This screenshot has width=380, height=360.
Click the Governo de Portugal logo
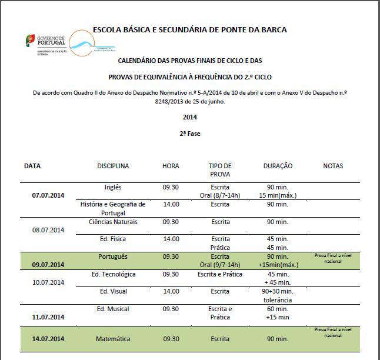tap(45, 44)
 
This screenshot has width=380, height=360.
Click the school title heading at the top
tap(190, 29)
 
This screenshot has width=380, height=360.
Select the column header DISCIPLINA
tap(113, 166)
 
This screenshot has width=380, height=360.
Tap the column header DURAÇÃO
tap(278, 166)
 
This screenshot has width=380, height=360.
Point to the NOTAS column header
tap(333, 166)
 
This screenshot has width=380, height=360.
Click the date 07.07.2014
tap(48, 195)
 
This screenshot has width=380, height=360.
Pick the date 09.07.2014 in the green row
tap(48, 265)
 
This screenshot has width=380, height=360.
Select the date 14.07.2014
tap(48, 339)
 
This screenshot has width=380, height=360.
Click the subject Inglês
tap(112, 187)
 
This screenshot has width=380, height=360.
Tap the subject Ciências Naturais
tap(113, 222)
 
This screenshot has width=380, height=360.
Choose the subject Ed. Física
tap(113, 239)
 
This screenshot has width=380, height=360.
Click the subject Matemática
tap(113, 339)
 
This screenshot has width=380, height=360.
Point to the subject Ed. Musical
tap(113, 309)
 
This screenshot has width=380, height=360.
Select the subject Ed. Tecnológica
tap(114, 274)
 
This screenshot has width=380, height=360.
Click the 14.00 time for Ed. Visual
tap(171, 291)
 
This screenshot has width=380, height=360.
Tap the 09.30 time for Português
tap(171, 256)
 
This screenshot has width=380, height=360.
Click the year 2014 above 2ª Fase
tap(189, 117)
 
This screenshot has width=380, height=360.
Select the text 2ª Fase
tap(190, 134)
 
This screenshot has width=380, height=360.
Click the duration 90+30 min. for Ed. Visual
tap(278, 291)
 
